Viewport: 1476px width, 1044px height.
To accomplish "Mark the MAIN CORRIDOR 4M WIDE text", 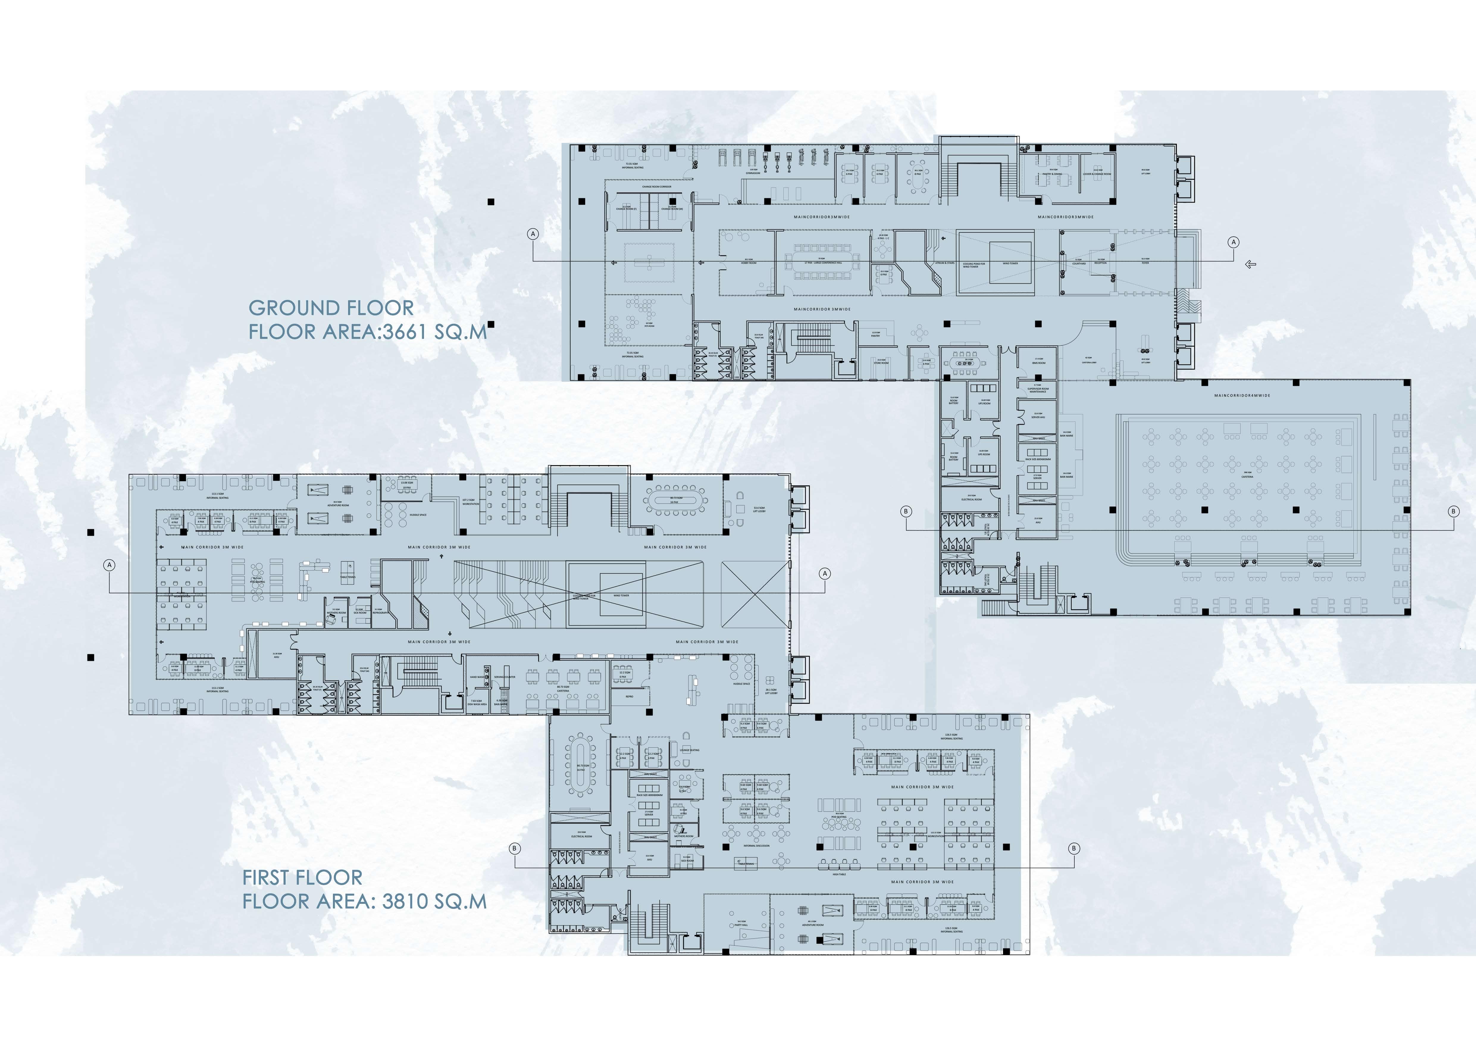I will tap(1242, 395).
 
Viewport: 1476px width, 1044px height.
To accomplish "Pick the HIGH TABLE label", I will tap(839, 874).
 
